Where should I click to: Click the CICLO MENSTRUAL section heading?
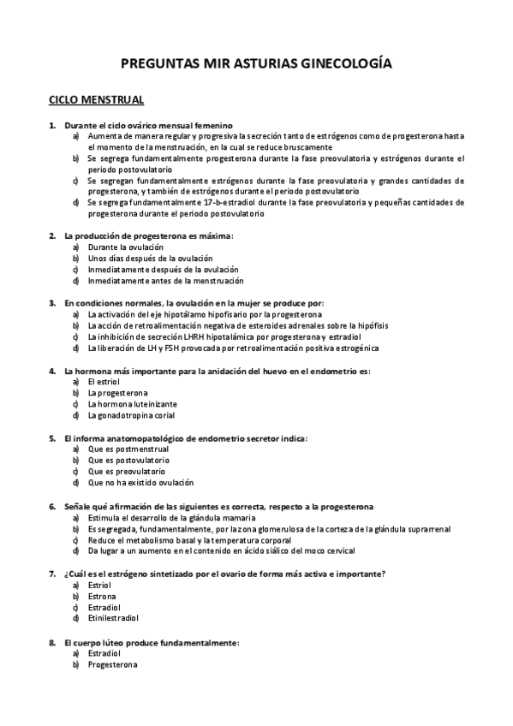(x=96, y=100)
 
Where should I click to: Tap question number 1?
(x=52, y=125)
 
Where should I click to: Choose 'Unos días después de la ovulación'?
(x=151, y=258)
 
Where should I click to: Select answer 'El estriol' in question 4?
(x=104, y=382)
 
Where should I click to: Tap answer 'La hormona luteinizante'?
(x=133, y=404)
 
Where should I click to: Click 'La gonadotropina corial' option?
(x=131, y=415)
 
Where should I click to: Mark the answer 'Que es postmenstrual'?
(x=128, y=449)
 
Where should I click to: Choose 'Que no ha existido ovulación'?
(x=140, y=483)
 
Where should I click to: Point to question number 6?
(x=52, y=507)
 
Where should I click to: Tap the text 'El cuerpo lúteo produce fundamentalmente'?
(x=152, y=641)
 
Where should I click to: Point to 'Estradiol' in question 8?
(x=105, y=652)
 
